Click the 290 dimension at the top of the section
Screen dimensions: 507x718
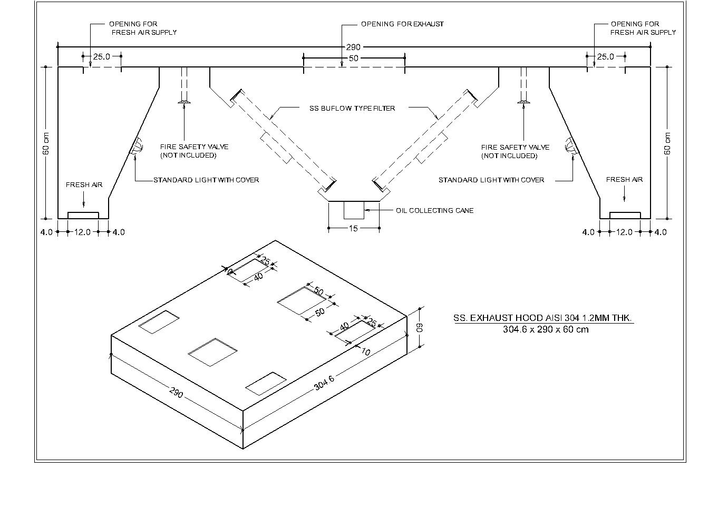coord(353,47)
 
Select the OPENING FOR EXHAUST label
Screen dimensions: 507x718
coord(402,24)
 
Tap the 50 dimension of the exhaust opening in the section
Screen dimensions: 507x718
coord(353,58)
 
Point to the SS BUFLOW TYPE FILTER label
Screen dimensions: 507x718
coord(352,109)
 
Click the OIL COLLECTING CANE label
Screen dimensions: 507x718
coord(434,211)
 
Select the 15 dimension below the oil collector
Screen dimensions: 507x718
coord(353,228)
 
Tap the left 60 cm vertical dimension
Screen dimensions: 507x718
coord(46,143)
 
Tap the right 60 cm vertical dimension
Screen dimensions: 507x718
coord(667,143)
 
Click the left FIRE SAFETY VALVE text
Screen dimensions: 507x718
coord(194,148)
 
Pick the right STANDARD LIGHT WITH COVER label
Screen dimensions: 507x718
coord(491,180)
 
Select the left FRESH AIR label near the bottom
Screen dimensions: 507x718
coord(84,185)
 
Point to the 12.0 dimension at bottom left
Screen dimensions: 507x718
coord(82,232)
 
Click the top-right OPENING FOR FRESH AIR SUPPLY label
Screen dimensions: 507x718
coord(643,28)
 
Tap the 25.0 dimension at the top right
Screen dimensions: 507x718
coord(606,57)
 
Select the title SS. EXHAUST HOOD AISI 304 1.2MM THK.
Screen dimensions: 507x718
coord(543,318)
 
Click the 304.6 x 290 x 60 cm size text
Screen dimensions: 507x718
coord(546,330)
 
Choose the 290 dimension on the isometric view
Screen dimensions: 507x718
coord(176,393)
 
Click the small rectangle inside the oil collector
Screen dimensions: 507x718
coord(354,210)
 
